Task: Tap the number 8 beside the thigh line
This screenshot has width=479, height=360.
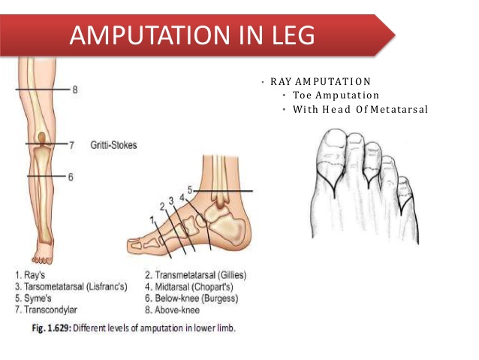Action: pos(74,89)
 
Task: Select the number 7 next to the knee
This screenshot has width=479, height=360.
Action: pos(70,144)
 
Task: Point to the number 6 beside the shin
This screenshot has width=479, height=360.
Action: pos(70,177)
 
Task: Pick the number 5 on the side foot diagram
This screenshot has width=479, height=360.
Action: pos(191,191)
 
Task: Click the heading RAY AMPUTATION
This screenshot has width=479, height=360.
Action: pos(321,81)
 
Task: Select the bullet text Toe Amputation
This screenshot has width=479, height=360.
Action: pos(336,95)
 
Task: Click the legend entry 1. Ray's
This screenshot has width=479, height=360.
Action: pos(31,274)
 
